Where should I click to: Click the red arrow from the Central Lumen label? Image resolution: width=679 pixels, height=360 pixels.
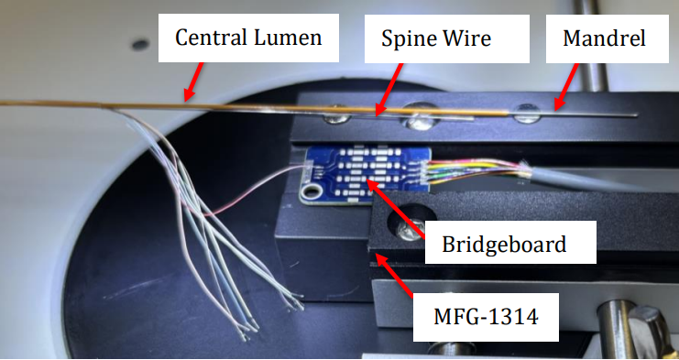click(x=195, y=80)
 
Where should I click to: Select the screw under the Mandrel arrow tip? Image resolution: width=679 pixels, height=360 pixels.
click(x=527, y=114)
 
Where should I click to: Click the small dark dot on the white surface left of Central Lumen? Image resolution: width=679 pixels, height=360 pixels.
click(x=139, y=42)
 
